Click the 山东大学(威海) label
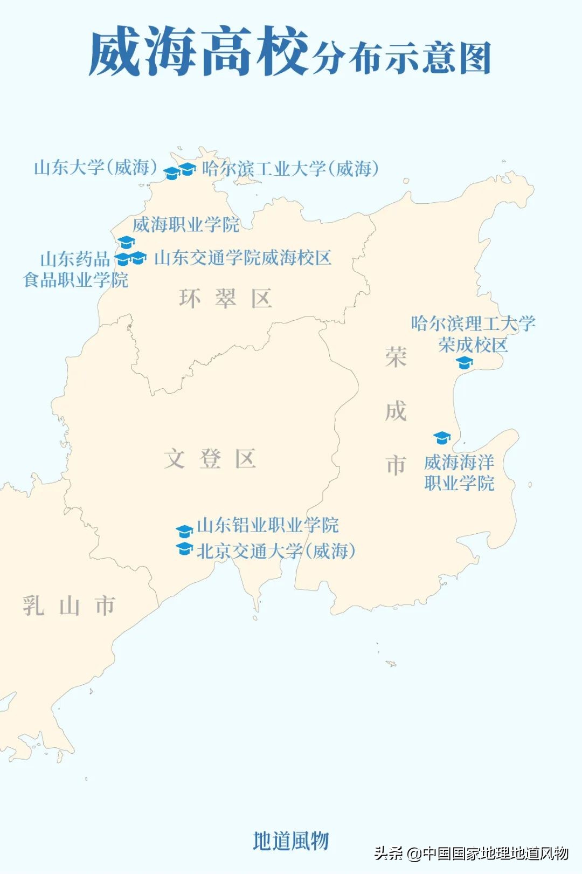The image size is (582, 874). pyautogui.click(x=95, y=168)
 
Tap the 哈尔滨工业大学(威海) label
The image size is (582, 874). pyautogui.click(x=290, y=169)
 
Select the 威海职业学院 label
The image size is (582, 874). pyautogui.click(x=186, y=224)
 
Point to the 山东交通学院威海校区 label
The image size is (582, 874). pyautogui.click(x=242, y=258)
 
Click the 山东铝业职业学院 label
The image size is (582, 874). pyautogui.click(x=267, y=525)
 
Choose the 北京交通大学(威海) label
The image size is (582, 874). pyautogui.click(x=275, y=551)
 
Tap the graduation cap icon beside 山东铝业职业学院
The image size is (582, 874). pyautogui.click(x=184, y=531)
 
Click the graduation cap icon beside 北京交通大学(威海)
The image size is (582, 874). pyautogui.click(x=184, y=549)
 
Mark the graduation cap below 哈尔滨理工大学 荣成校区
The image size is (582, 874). pyautogui.click(x=464, y=363)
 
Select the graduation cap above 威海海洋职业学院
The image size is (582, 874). pyautogui.click(x=442, y=437)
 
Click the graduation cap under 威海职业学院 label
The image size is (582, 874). pyautogui.click(x=126, y=242)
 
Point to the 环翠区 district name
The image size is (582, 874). pyautogui.click(x=225, y=298)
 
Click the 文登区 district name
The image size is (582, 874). pyautogui.click(x=210, y=459)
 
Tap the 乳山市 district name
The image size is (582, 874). pyautogui.click(x=69, y=605)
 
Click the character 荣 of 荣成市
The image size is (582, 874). pyautogui.click(x=396, y=357)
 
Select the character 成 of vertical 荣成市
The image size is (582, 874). pyautogui.click(x=396, y=411)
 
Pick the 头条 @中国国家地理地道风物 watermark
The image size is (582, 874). pyautogui.click(x=471, y=853)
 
